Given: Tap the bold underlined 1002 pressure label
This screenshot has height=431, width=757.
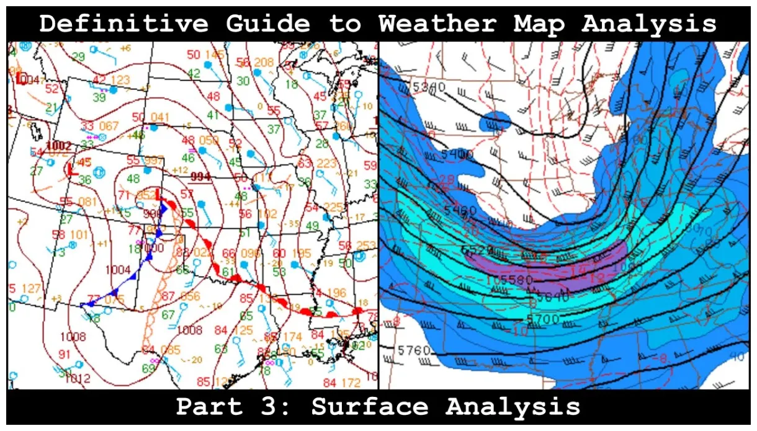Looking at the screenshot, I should point(59,146).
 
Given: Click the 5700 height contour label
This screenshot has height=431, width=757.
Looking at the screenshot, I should point(542,319).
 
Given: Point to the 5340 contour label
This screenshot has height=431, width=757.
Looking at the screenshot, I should point(428,87).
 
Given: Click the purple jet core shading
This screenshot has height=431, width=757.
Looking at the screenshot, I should point(577,264).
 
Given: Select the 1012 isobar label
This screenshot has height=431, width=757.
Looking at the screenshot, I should point(78,378).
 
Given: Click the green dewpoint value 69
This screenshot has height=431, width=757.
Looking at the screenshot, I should point(148,368).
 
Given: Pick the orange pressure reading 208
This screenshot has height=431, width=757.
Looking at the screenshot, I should point(264,62).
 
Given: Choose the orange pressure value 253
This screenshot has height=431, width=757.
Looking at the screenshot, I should point(367,246).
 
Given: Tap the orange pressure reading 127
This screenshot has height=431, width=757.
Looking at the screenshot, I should point(32,288).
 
